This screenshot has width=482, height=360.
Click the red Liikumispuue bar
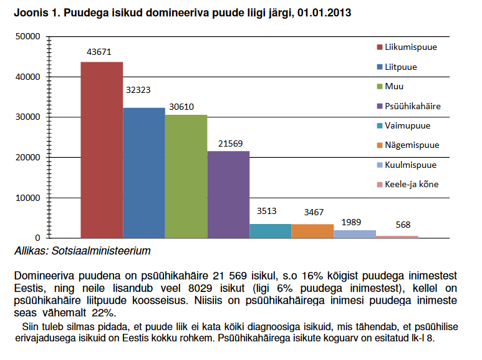point(102,150)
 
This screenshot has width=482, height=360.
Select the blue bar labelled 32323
point(144,173)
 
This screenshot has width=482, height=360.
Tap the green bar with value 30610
point(186,177)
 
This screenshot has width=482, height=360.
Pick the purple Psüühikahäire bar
point(228,195)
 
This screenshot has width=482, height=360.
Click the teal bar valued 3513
point(270,231)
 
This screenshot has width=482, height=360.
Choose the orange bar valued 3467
point(312,231)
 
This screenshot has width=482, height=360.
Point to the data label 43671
point(99,52)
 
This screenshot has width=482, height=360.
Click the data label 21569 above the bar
point(231,143)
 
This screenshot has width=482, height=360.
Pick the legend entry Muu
point(395,86)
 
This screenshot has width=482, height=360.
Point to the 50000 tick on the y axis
point(29,37)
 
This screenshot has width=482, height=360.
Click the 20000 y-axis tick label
point(29,158)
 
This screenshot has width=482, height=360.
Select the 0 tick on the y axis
point(38,238)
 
